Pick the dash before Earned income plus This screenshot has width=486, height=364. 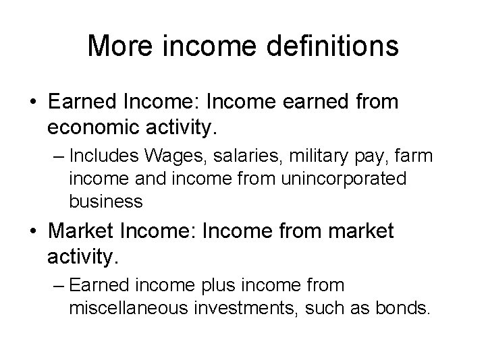[56, 286]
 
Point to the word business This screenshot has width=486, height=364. [105, 201]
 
